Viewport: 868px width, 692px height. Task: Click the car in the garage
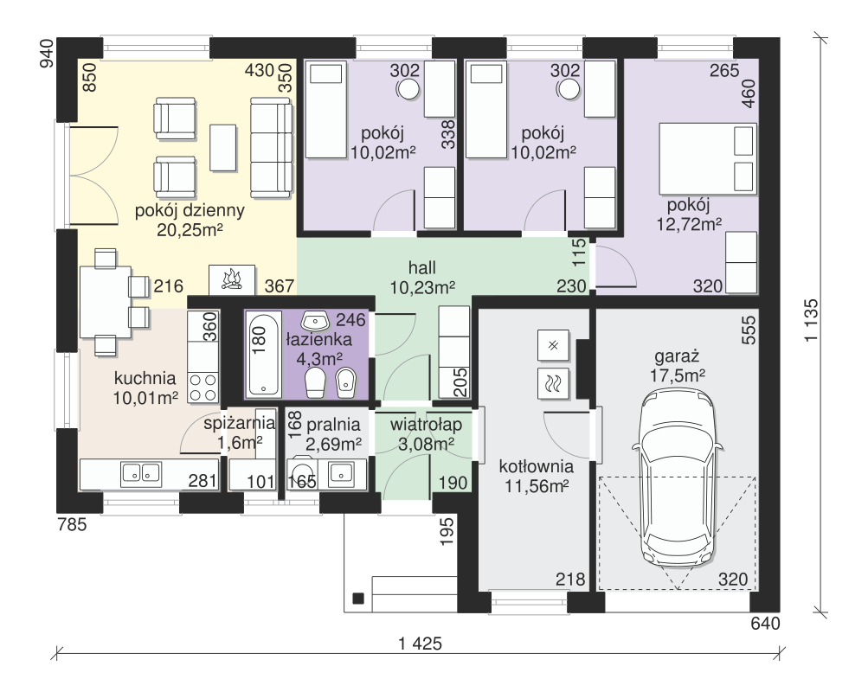[678, 477]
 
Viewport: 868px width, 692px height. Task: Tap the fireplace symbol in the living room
[232, 280]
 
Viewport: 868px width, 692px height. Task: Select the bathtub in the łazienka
[263, 355]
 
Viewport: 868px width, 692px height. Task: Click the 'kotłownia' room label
[536, 466]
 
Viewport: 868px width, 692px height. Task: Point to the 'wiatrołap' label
[426, 425]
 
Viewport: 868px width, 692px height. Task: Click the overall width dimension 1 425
[421, 644]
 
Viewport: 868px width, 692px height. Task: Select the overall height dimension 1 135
[811, 320]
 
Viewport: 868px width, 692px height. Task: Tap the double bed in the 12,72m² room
[707, 159]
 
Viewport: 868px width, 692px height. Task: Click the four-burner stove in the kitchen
[203, 388]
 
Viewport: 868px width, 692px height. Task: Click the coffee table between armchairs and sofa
[223, 148]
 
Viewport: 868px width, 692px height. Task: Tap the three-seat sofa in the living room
[271, 148]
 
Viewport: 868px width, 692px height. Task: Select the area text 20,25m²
[190, 229]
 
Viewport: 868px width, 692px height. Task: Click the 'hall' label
[421, 268]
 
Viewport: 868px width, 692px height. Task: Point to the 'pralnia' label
[333, 425]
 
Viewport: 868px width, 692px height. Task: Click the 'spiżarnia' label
[239, 424]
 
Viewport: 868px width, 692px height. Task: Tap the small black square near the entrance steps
[358, 598]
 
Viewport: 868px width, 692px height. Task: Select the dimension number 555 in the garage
[748, 330]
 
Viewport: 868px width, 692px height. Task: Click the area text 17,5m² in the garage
[677, 375]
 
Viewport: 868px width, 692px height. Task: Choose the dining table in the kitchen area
[106, 302]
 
